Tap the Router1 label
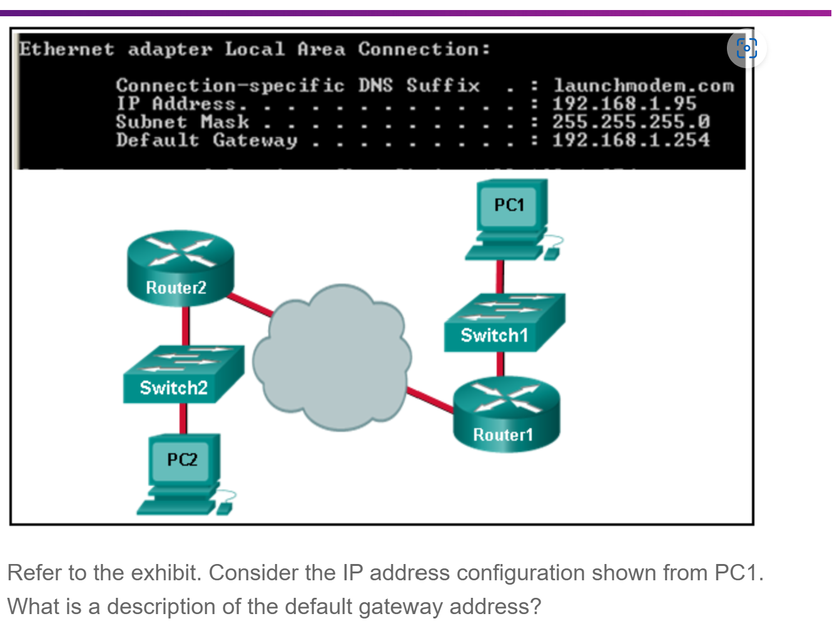coord(503,434)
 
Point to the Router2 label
coord(176,287)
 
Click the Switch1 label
coord(494,336)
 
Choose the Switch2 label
coord(173,388)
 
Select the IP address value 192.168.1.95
coord(624,104)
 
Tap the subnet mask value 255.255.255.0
coord(631,122)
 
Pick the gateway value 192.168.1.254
coord(631,140)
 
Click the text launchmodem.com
coord(644,86)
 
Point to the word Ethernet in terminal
coord(66,49)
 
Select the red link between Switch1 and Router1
coord(500,364)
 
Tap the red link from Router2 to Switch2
coord(186,326)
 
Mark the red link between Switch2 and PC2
coord(183,418)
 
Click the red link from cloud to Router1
coord(430,401)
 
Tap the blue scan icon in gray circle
coord(746,48)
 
